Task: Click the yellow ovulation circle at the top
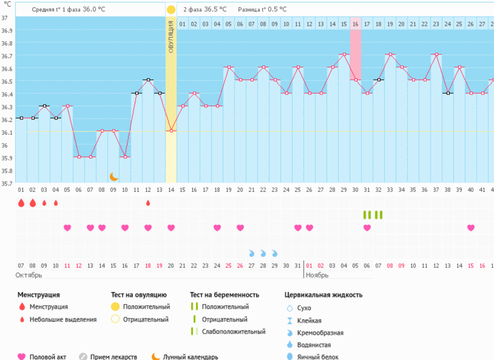pos(171,10)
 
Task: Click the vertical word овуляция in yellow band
pos(171,39)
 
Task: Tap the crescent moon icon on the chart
pos(114,176)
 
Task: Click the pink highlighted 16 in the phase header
pos(355,24)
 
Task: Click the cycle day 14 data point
pos(171,131)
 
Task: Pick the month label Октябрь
pos(29,275)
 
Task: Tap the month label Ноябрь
pos(317,275)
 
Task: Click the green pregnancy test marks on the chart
pos(373,215)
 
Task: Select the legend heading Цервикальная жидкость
pos(323,295)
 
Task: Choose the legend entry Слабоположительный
pos(233,332)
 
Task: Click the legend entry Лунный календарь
pos(191,357)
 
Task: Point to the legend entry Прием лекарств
pos(114,357)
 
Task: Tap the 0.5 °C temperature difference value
pos(277,10)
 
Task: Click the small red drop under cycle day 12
pos(148,203)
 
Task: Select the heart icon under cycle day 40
pos(471,228)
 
